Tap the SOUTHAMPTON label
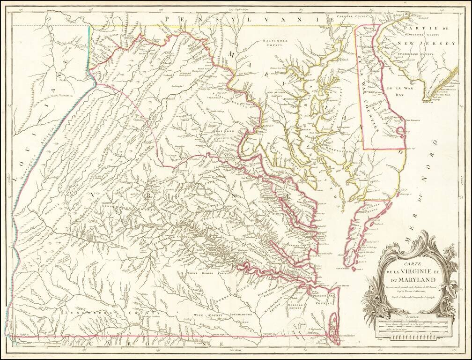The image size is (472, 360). (x=242, y=315)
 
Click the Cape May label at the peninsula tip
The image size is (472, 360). (x=429, y=101)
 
